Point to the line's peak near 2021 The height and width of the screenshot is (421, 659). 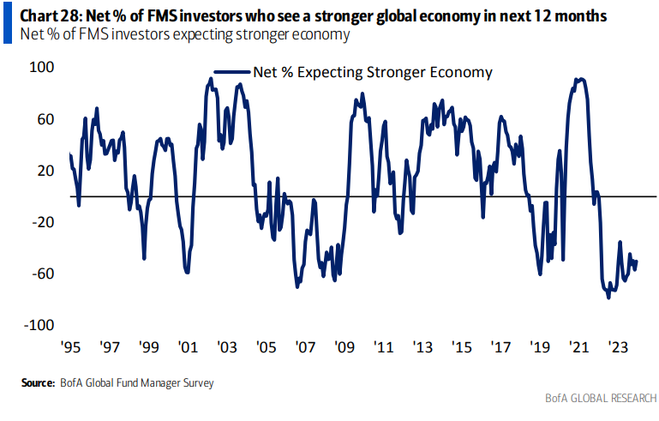pos(581,79)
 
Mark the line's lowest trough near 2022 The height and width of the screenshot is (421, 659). pos(608,297)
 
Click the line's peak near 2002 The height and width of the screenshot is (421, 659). pos(211,79)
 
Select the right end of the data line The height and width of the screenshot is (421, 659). pos(636,262)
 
